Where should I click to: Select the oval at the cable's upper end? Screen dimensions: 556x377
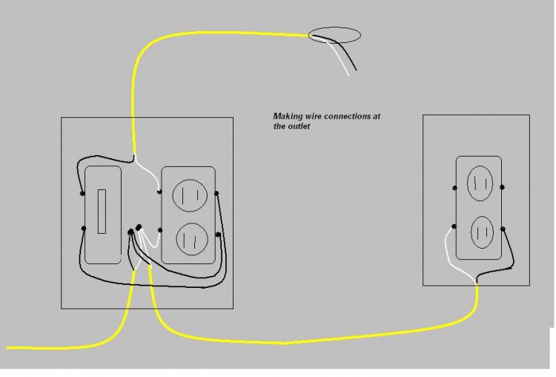(x=334, y=36)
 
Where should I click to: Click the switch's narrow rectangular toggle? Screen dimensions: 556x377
(x=102, y=212)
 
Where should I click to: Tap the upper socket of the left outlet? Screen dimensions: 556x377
(x=190, y=196)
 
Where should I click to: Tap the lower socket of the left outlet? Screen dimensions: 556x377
(x=192, y=239)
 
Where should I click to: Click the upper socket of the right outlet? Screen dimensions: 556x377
(x=480, y=183)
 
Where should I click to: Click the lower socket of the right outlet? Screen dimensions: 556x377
(x=483, y=232)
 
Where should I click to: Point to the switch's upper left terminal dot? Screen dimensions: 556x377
(x=82, y=194)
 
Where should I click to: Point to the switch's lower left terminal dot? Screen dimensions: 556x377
(x=84, y=229)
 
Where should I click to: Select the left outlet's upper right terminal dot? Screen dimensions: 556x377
(x=216, y=194)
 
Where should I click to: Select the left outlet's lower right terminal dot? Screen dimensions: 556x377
(x=218, y=235)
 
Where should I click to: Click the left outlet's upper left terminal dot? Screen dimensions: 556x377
(x=159, y=192)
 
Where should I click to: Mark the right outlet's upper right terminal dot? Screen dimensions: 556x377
(x=502, y=187)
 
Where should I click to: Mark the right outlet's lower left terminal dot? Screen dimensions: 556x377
(x=454, y=226)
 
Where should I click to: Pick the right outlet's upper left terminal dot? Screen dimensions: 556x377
(x=455, y=188)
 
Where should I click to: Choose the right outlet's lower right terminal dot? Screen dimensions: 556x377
(x=503, y=229)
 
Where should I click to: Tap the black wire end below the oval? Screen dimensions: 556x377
(x=356, y=70)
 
